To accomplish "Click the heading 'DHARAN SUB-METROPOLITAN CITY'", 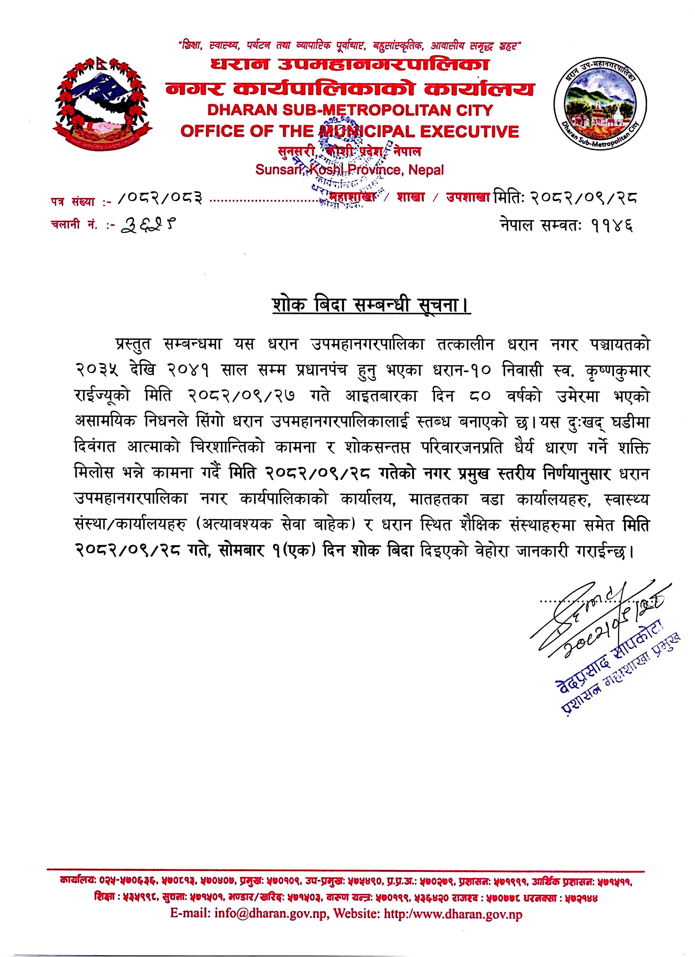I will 349,111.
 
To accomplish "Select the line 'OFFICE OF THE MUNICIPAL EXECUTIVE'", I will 349,132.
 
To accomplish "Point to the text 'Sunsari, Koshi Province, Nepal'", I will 349,170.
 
